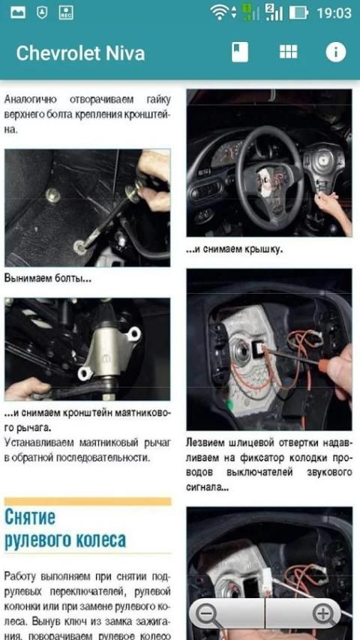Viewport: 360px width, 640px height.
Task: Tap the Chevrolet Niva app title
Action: (80, 53)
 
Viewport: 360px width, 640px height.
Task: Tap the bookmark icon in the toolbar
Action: (240, 52)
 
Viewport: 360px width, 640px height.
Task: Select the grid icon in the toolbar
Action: (289, 52)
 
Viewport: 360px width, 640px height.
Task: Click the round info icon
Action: (336, 52)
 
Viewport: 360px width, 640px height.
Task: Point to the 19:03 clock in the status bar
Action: (334, 13)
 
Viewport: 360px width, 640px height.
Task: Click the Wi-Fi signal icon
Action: (220, 13)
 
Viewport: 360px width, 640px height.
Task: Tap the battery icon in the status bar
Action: (298, 13)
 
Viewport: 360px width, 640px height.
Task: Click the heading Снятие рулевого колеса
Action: (65, 529)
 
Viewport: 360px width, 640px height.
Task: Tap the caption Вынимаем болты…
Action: (48, 279)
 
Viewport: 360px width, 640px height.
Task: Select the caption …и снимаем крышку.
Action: (234, 250)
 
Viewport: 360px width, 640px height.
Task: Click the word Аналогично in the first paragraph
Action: (31, 100)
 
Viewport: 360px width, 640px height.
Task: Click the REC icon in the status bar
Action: (66, 13)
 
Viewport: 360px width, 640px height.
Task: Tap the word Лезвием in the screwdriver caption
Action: (205, 443)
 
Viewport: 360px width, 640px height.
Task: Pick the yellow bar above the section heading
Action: (88, 501)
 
